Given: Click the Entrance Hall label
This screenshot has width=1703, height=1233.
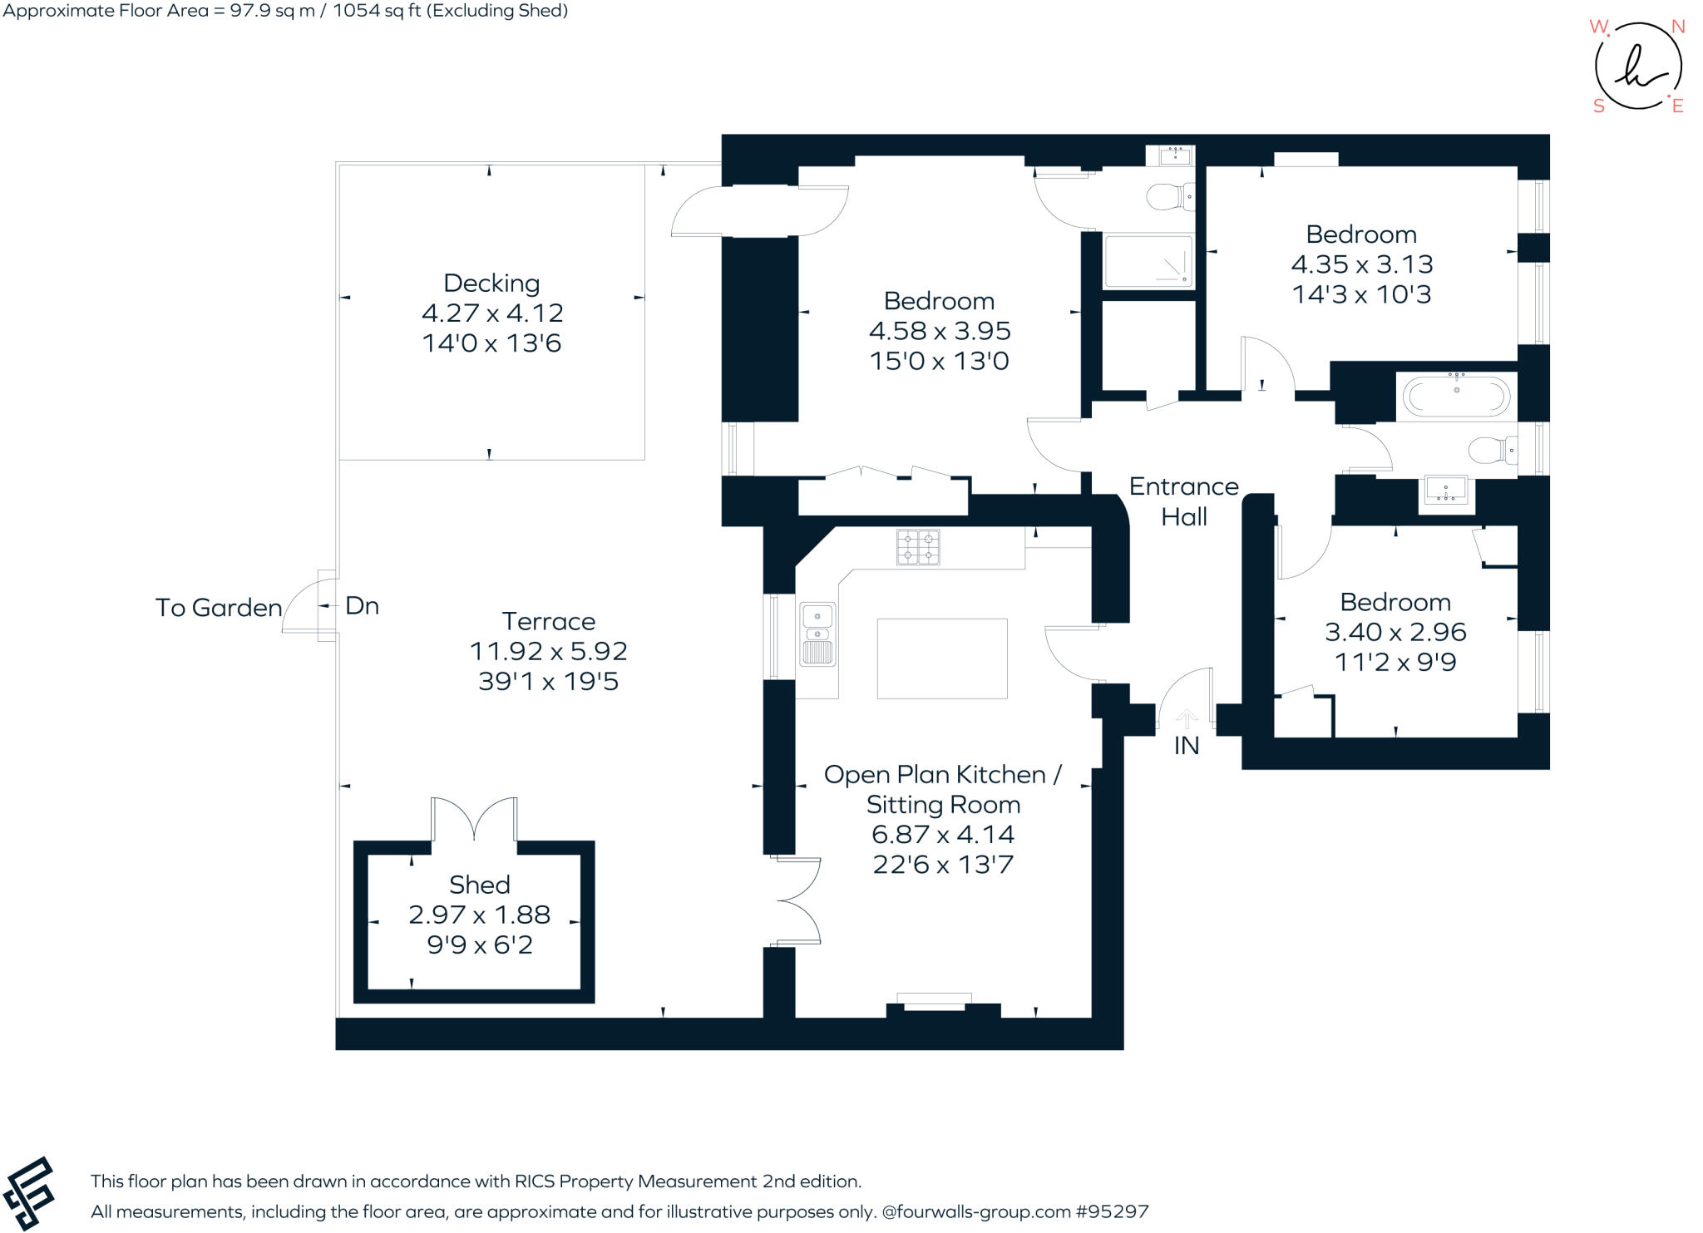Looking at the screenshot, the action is [1183, 501].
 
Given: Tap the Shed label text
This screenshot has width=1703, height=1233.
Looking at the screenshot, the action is [479, 885].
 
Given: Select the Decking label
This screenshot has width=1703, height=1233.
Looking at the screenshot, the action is [491, 284].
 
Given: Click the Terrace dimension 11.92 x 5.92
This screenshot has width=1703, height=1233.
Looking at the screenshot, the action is [548, 651].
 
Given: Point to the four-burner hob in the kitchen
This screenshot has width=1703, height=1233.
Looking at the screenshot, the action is [918, 547].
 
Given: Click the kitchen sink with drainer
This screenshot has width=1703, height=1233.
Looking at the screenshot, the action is [817, 634].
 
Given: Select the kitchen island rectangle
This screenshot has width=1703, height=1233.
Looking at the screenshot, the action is [942, 658].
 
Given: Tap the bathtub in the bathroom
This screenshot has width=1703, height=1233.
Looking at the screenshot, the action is [1456, 397].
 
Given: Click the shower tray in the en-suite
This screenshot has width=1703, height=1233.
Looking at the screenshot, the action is [1148, 261].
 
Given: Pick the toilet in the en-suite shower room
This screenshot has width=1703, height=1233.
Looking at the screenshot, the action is [1169, 197].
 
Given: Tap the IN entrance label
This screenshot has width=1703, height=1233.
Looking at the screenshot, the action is [1187, 746].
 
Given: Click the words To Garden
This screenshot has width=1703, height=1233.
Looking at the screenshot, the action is [219, 608].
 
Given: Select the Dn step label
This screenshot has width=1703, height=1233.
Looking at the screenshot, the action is [362, 606].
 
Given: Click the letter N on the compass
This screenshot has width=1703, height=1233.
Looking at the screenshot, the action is [1678, 27].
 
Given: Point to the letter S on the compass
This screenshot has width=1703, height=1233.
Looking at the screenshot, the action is [1598, 106].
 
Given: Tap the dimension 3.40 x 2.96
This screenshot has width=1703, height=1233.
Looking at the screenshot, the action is [1395, 632].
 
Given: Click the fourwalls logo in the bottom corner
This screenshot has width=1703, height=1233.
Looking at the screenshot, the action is [29, 1193].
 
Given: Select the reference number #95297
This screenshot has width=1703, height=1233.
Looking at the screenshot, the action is [1112, 1211].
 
